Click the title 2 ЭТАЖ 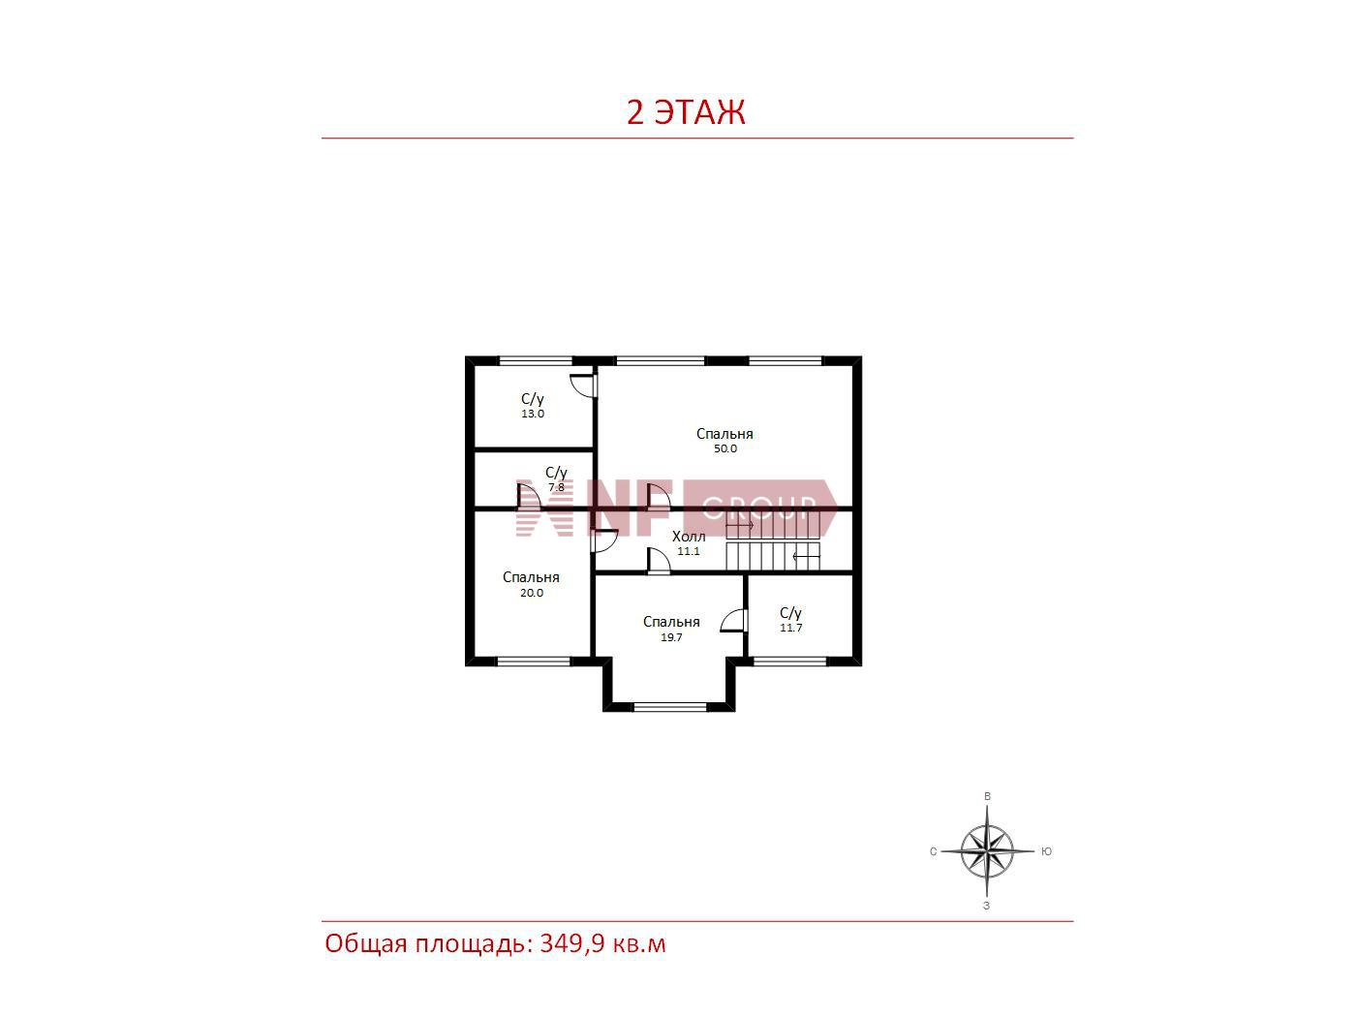click(x=686, y=112)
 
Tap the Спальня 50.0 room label click(x=724, y=441)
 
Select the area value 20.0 click(x=532, y=593)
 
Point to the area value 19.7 click(x=671, y=637)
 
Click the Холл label click(x=689, y=537)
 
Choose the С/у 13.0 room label click(x=533, y=406)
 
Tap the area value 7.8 click(x=557, y=487)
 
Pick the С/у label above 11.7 click(x=790, y=613)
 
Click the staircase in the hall click(x=773, y=541)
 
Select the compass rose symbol click(x=987, y=852)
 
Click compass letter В click(x=987, y=797)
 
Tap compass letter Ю click(x=1046, y=851)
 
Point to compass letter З click(x=987, y=906)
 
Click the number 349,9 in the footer click(x=572, y=944)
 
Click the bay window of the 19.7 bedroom click(x=670, y=707)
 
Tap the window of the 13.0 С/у click(x=536, y=360)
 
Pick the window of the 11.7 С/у click(x=789, y=662)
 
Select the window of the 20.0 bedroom click(x=534, y=662)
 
